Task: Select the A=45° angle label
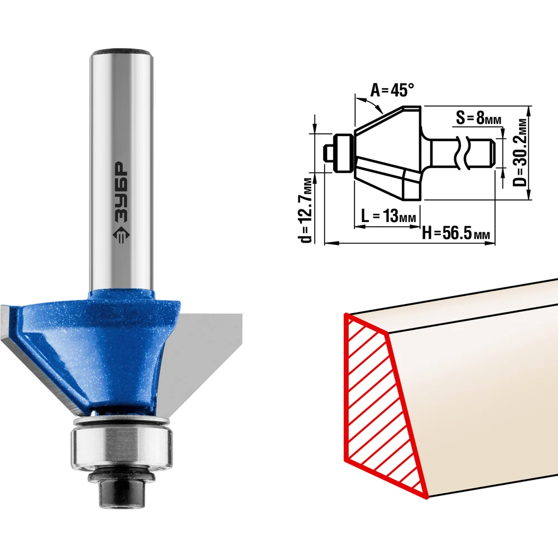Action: coord(392,90)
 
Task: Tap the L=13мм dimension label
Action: coord(388,215)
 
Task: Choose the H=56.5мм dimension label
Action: coord(456,233)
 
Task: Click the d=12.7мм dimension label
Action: coord(306,210)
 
